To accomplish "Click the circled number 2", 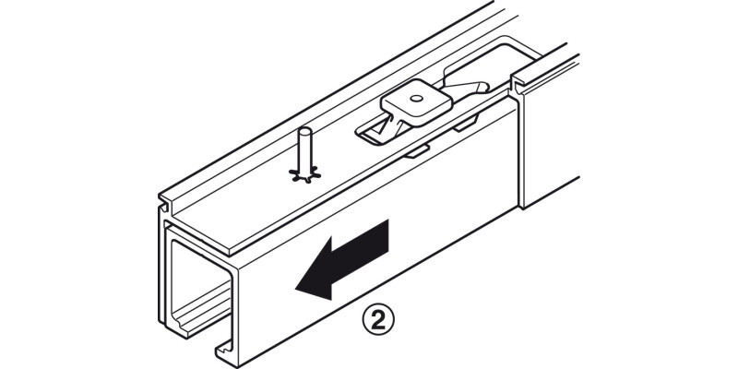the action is [x=378, y=321].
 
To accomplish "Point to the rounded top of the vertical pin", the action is [x=305, y=132].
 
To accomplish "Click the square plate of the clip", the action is [x=417, y=103].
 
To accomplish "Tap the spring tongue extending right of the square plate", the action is [x=466, y=89].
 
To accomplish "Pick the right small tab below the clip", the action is [x=466, y=125].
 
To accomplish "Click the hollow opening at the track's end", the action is [x=200, y=282].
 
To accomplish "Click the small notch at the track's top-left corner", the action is [x=163, y=206].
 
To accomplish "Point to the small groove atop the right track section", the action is [x=518, y=85].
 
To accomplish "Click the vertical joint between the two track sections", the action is [x=520, y=147].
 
